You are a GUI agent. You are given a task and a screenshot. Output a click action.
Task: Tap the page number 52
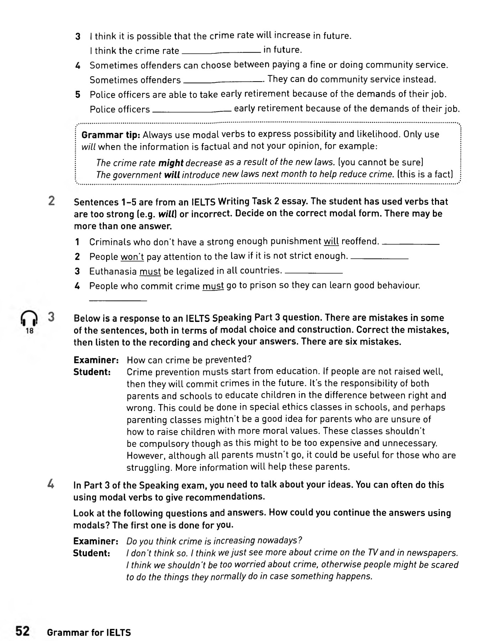22,631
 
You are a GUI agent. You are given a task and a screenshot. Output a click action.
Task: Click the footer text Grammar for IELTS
89,632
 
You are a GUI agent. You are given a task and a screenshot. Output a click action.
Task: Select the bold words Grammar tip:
111,135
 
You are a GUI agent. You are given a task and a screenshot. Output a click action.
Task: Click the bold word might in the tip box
171,163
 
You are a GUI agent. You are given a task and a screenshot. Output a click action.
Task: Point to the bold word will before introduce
172,175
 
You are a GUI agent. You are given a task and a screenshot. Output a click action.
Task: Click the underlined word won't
132,257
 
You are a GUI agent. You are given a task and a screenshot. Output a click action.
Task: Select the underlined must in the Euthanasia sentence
150,272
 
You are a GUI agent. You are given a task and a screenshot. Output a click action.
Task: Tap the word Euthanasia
113,272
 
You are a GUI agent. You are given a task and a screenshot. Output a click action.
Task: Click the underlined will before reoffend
331,242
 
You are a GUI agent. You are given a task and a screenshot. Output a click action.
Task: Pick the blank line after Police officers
192,111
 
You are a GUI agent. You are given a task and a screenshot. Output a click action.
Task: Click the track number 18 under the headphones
30,331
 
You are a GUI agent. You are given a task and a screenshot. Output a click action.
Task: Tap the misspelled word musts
215,372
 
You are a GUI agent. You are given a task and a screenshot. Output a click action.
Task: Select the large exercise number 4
51,484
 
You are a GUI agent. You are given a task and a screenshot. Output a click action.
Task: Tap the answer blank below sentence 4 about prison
118,301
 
